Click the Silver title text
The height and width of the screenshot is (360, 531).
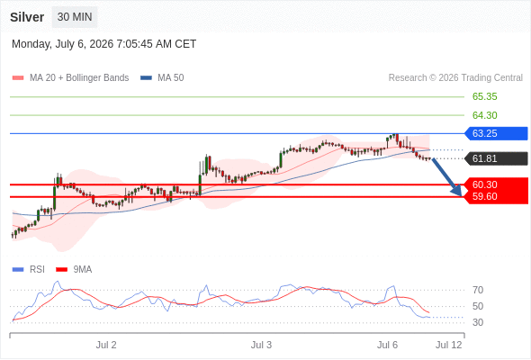pos(27,17)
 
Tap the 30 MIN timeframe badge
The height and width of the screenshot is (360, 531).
pos(75,17)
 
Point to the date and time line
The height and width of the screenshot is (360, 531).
pos(104,44)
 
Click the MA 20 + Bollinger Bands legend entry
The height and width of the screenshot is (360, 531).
pos(70,78)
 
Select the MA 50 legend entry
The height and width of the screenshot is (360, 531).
pos(162,78)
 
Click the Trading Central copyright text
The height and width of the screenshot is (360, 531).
pos(455,78)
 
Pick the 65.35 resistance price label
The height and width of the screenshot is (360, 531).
pos(484,96)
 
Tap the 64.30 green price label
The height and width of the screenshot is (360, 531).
pos(484,115)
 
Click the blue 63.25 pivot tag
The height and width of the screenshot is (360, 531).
pos(496,133)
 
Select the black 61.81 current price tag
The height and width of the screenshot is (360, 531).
pos(496,158)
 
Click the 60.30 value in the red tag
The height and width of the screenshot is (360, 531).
pos(484,184)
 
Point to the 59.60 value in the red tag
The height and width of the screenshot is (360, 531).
pos(484,196)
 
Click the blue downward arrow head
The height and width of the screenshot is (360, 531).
pos(457,192)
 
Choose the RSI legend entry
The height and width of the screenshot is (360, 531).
pos(29,270)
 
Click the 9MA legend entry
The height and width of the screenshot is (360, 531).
pos(74,270)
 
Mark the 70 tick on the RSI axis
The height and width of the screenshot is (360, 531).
pos(478,290)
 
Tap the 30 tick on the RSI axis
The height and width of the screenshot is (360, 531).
pos(478,322)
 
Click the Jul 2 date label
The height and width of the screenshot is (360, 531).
pos(106,345)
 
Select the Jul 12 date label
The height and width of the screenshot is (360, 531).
pos(449,345)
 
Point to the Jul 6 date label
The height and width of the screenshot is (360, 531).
pos(387,345)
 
